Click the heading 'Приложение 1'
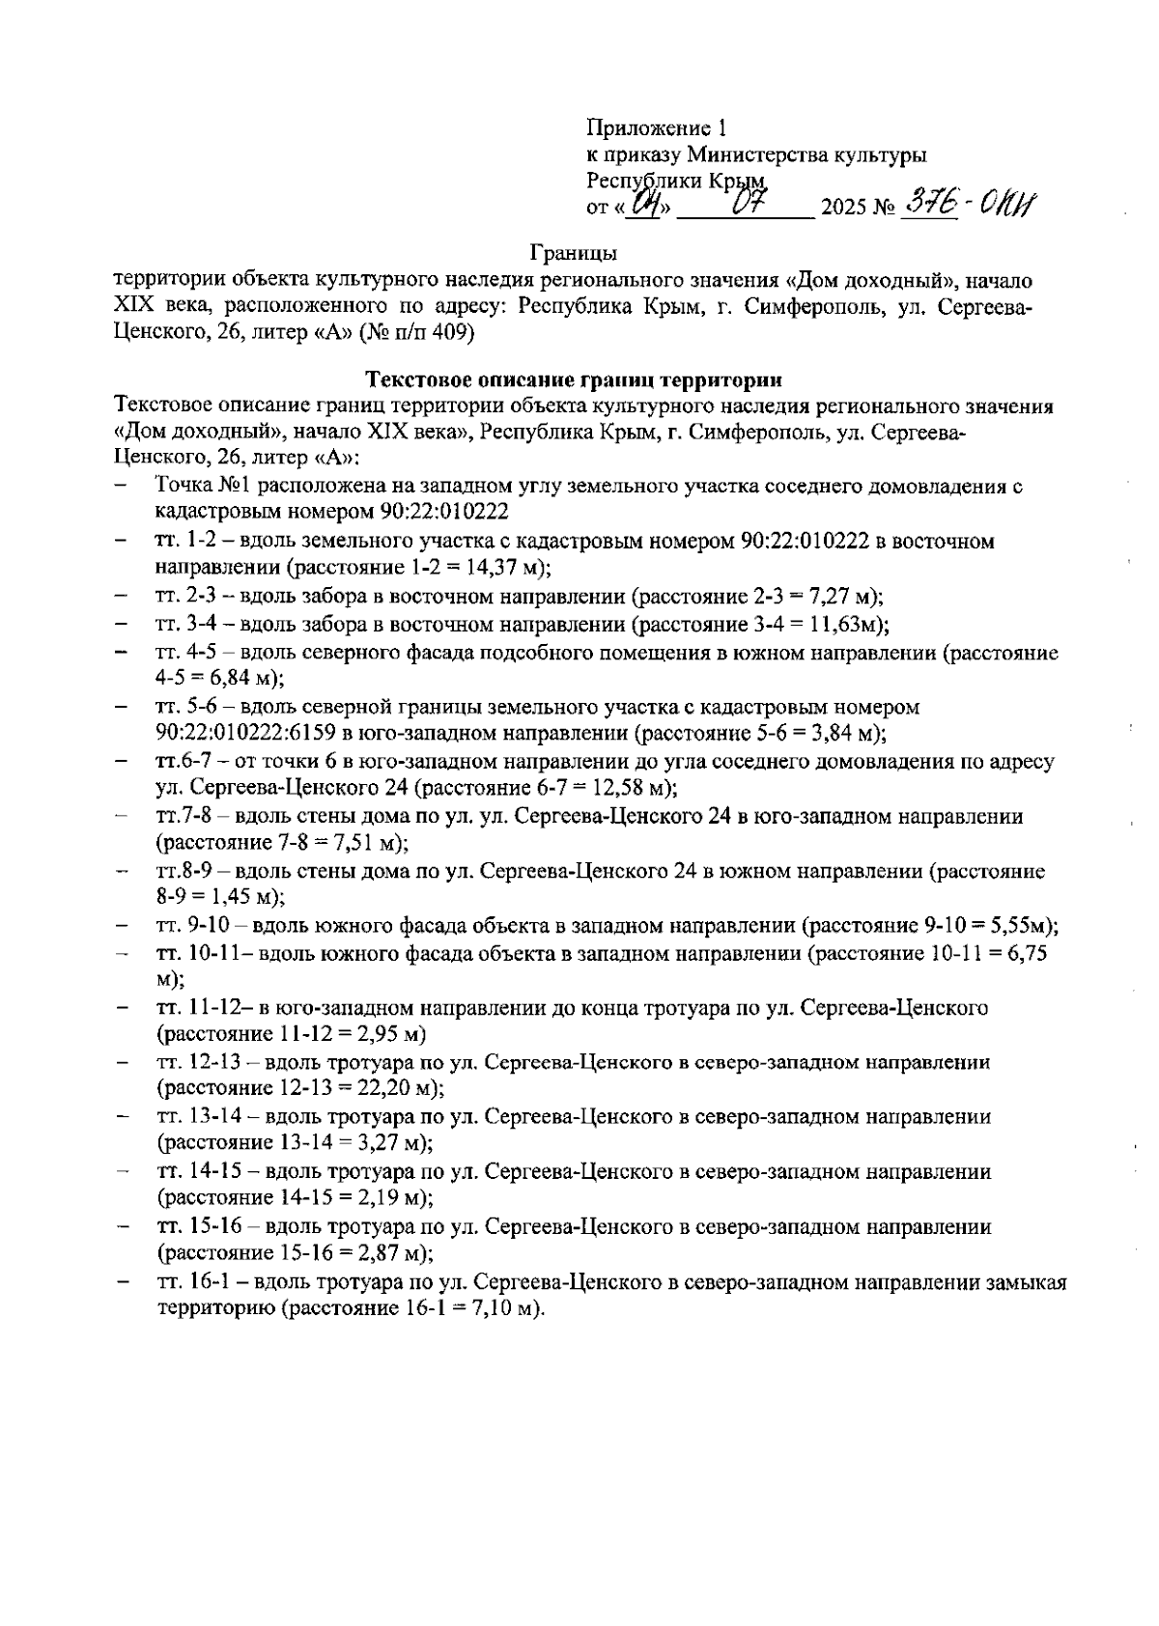pos(656,127)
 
